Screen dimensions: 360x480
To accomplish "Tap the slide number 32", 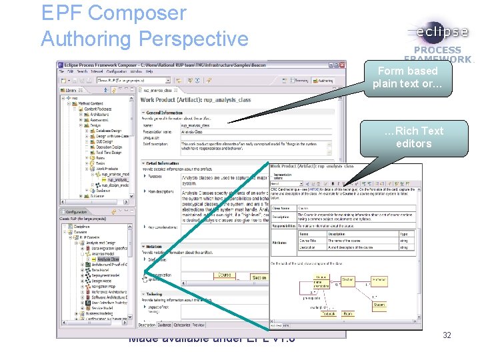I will click(x=447, y=335).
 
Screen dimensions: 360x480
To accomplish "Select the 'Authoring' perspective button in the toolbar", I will click(x=325, y=80).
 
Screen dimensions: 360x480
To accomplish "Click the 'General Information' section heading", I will click(x=163, y=113).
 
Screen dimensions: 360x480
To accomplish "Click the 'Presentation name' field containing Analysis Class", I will click(x=200, y=132).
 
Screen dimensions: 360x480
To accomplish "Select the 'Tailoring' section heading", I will click(x=154, y=293).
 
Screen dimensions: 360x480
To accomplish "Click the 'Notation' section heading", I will click(x=154, y=246).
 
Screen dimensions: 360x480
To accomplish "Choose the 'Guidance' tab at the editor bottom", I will click(x=165, y=325).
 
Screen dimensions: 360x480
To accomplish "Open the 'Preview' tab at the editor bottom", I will click(x=199, y=325).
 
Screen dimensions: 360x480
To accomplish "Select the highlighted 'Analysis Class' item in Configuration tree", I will click(x=109, y=259).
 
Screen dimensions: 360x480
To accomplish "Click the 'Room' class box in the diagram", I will click(x=348, y=313).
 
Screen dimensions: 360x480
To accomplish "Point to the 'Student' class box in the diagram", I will click(x=379, y=305).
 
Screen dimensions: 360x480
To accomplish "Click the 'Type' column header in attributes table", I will click(x=403, y=234).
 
